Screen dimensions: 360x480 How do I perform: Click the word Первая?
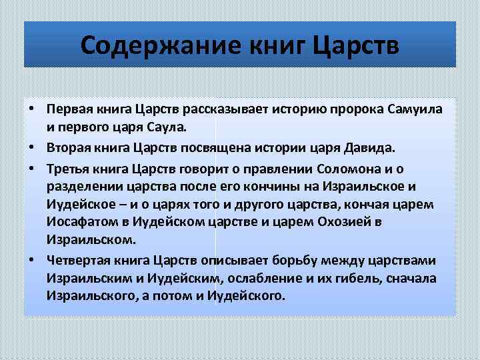[x=69, y=109]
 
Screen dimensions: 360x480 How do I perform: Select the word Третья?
[x=69, y=168]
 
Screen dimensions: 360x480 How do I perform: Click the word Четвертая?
[x=79, y=260]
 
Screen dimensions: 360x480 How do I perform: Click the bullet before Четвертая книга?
[x=32, y=260]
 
